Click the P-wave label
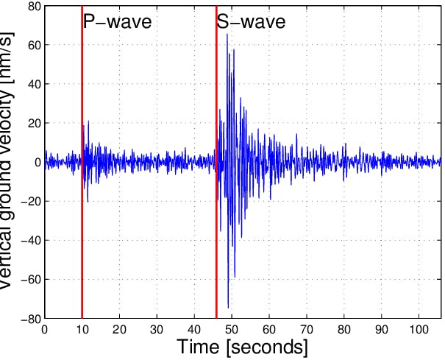(x=117, y=21)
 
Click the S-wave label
(x=251, y=21)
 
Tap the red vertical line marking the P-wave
(x=82, y=184)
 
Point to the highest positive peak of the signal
(x=227, y=35)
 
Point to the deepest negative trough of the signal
(x=228, y=307)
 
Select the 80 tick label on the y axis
(x=32, y=6)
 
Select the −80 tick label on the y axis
(x=29, y=319)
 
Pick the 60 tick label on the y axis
(x=32, y=45)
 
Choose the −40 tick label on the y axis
(x=29, y=241)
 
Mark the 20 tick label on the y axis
(x=32, y=123)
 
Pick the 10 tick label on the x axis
(x=82, y=329)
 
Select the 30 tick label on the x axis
(x=157, y=329)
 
